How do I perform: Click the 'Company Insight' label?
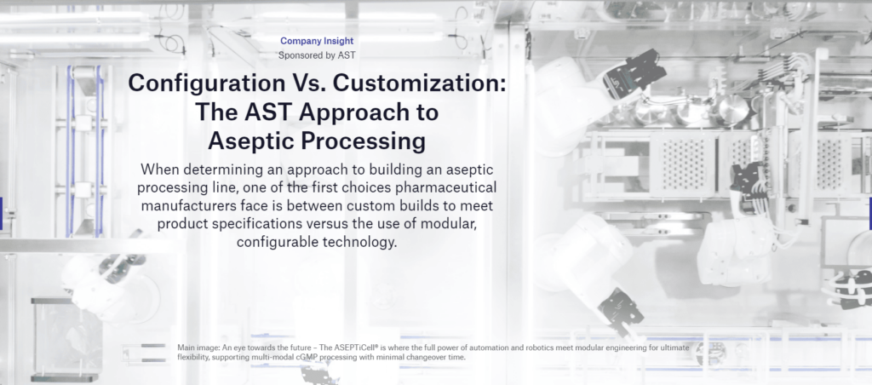[x=317, y=40]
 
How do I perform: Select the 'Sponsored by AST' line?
[x=317, y=55]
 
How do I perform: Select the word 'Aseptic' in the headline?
[x=255, y=140]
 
